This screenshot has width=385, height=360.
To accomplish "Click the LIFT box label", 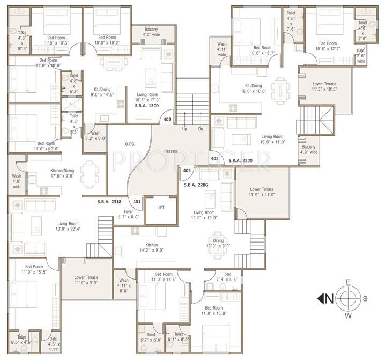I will (x=161, y=208).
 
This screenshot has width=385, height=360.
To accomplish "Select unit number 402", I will (x=167, y=120).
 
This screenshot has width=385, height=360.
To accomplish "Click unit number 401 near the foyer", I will (x=137, y=202).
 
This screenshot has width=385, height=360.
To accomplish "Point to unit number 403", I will (x=214, y=158).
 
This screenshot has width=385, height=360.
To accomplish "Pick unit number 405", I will (x=187, y=171).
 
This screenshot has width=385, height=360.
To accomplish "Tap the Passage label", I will (x=172, y=152).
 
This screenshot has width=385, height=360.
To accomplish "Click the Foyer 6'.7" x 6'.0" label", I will (x=129, y=215).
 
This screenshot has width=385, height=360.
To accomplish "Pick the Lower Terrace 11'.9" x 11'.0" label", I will (x=262, y=193).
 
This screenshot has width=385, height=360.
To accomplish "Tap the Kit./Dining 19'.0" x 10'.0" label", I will (x=253, y=88).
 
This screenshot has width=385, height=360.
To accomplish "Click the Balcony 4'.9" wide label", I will (x=309, y=149).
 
